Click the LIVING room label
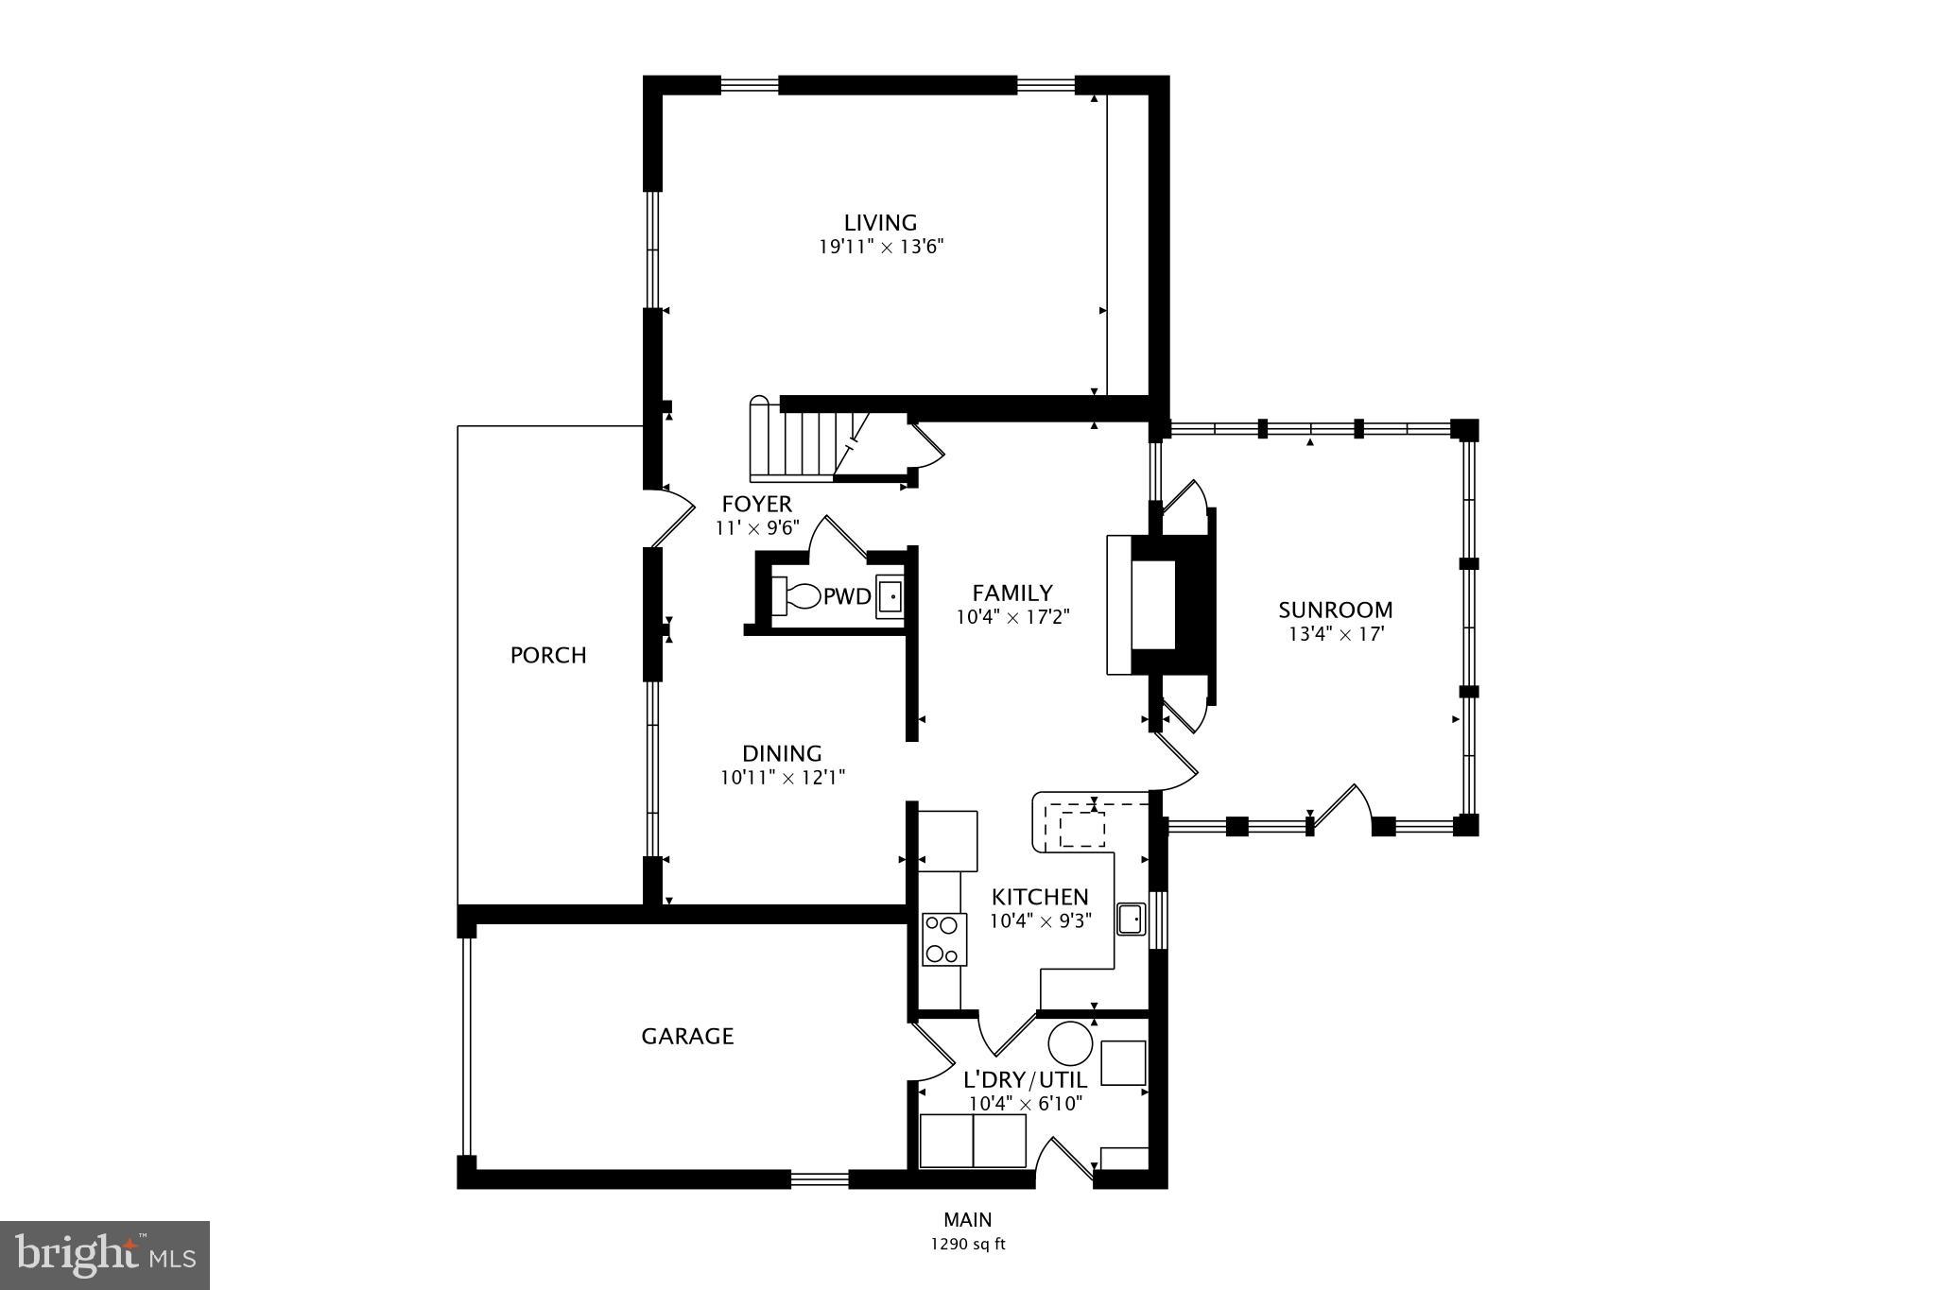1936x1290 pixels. click(880, 223)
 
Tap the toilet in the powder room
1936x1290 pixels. click(797, 596)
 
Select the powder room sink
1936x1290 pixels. click(889, 596)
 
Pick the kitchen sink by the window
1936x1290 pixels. click(1131, 919)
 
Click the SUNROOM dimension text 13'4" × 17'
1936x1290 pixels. click(1336, 634)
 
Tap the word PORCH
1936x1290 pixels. click(548, 655)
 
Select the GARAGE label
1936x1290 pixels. click(687, 1037)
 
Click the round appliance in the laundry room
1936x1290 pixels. click(1071, 1044)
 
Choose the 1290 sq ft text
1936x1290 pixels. click(968, 1245)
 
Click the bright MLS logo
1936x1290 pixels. click(105, 1255)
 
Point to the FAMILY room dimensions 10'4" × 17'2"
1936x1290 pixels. click(1011, 617)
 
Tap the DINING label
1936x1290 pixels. click(782, 753)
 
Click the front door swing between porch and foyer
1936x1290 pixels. click(673, 518)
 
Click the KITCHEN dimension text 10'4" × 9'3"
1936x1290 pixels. click(1040, 920)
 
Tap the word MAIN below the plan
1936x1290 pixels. click(968, 1220)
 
